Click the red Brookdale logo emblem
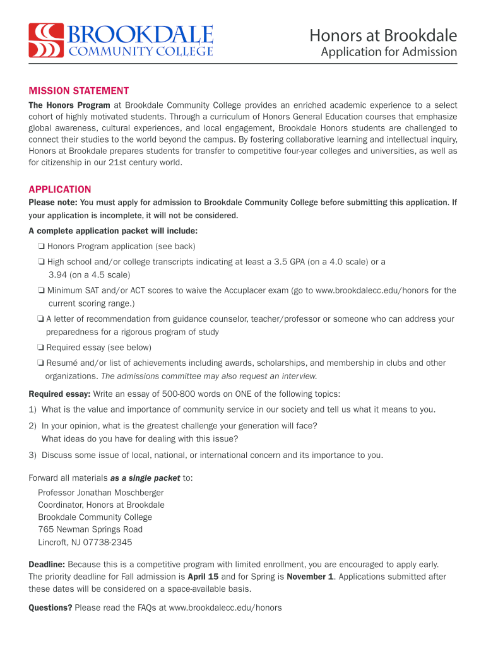(45, 40)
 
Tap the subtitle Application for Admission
(388, 52)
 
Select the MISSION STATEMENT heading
(79, 91)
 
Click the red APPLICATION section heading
(60, 189)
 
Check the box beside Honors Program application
(40, 246)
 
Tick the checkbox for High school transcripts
(40, 261)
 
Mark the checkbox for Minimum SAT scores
(40, 291)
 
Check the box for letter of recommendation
(40, 319)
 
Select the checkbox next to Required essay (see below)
(40, 348)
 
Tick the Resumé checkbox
(40, 363)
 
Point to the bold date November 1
(310, 577)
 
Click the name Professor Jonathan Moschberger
(101, 492)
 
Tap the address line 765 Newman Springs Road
(90, 529)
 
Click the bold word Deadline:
(47, 564)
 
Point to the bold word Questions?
(50, 608)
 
